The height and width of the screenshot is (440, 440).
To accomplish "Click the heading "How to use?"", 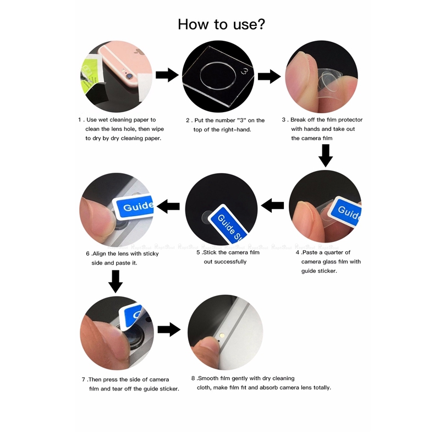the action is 222,24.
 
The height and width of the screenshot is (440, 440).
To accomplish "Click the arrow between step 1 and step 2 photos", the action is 167,75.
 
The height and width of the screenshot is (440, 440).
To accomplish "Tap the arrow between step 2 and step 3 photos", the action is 269,76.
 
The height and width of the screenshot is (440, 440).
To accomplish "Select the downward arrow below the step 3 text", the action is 326,156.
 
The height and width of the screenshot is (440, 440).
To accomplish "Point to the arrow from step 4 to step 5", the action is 272,205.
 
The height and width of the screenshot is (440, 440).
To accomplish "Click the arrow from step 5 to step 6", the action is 168,206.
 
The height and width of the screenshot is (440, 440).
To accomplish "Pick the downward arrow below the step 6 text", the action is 116,282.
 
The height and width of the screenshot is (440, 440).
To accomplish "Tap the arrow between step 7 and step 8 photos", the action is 169,329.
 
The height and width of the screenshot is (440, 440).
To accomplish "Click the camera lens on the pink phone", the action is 129,76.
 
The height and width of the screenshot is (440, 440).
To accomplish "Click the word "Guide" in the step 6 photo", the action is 138,206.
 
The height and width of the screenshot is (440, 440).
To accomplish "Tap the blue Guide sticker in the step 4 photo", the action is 346,211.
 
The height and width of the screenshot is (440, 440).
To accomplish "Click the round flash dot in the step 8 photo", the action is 222,335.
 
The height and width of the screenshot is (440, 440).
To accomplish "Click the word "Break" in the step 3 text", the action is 298,120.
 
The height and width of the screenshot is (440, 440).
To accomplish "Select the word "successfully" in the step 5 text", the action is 225,262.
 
